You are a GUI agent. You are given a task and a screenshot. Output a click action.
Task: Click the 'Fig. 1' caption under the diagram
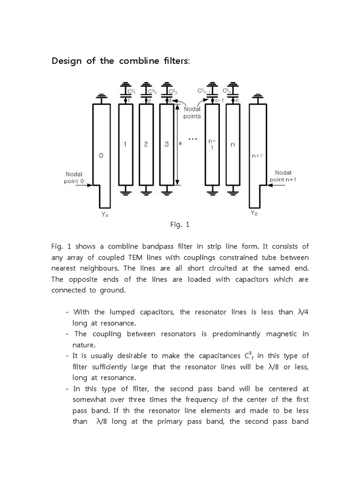180,225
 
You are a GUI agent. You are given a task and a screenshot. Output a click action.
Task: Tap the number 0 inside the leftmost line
101,156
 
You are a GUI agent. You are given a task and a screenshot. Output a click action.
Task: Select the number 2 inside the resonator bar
146,144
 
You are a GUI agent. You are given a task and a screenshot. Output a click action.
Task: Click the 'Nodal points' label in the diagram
192,113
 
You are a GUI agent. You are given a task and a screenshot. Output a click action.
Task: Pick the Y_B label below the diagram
254,213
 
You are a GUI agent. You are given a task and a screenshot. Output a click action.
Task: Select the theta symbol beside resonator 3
180,144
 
